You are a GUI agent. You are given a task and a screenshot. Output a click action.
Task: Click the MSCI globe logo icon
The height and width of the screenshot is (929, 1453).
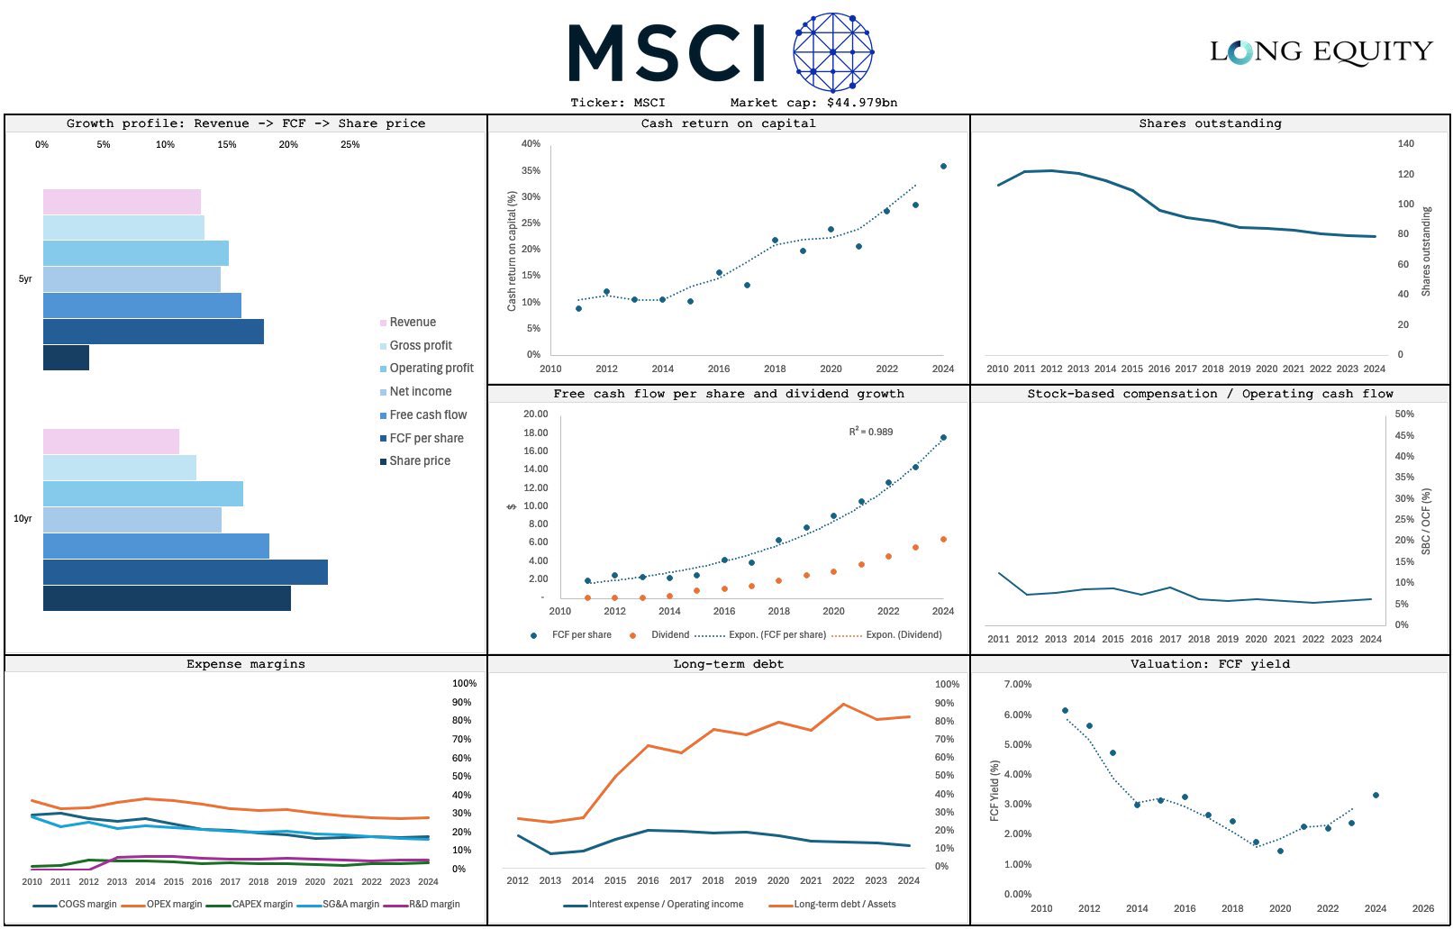[833, 52]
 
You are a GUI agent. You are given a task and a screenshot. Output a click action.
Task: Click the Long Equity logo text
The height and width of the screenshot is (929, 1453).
[1321, 52]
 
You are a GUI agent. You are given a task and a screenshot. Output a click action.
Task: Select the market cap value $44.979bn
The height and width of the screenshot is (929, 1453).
[862, 103]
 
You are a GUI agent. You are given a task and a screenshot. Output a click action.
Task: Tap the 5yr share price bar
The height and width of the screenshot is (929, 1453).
[66, 358]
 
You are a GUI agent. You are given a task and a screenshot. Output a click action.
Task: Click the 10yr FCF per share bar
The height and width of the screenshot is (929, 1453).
[186, 572]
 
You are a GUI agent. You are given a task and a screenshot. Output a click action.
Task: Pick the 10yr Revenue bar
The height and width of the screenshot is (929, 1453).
[111, 442]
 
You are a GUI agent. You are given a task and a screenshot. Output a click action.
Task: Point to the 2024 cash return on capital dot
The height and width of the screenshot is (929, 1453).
[943, 166]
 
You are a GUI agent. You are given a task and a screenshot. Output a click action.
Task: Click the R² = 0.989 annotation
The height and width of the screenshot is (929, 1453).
[870, 432]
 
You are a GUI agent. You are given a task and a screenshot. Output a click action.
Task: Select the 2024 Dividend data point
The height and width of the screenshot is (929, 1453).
[943, 539]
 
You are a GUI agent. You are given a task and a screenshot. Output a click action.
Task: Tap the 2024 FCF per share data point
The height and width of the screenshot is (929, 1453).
[943, 437]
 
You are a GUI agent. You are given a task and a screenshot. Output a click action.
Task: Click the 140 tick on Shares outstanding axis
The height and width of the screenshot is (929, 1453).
[1405, 143]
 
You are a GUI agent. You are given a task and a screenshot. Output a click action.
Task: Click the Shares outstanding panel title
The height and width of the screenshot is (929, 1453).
[1210, 123]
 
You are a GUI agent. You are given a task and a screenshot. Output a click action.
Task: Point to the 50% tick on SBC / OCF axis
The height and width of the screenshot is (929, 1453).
[1404, 414]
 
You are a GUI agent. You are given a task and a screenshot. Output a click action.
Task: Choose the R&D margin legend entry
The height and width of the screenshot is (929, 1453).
[422, 904]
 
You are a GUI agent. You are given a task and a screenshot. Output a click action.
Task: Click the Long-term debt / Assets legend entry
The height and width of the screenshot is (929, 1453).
[832, 904]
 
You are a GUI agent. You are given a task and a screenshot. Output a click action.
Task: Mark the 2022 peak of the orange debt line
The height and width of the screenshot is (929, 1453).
[843, 704]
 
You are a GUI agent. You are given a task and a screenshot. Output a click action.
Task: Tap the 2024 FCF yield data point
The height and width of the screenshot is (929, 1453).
[1376, 795]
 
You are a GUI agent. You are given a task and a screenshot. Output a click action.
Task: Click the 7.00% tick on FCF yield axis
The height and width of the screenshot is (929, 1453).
[1017, 684]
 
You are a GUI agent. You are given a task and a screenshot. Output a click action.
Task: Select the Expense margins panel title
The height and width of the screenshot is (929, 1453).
[246, 664]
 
